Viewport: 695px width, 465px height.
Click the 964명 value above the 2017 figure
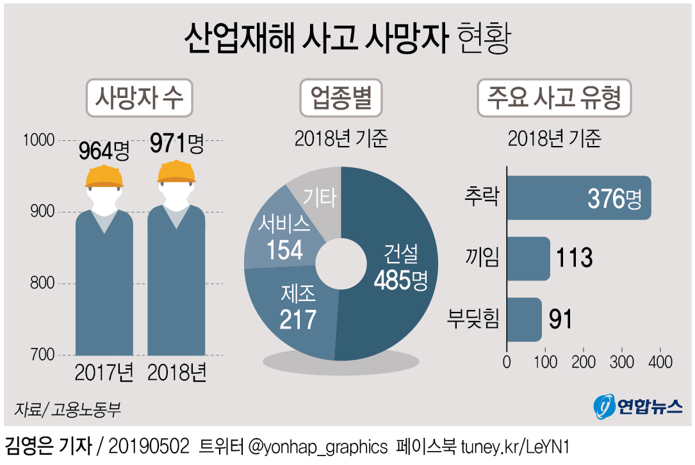(104, 151)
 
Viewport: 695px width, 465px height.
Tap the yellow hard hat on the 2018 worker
(176, 171)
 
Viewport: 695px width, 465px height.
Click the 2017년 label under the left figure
(104, 373)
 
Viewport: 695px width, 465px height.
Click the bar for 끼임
(528, 258)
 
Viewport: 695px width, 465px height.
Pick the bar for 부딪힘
(524, 319)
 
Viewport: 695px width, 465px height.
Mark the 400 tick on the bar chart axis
(660, 362)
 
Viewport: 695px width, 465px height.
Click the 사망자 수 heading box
(139, 99)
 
